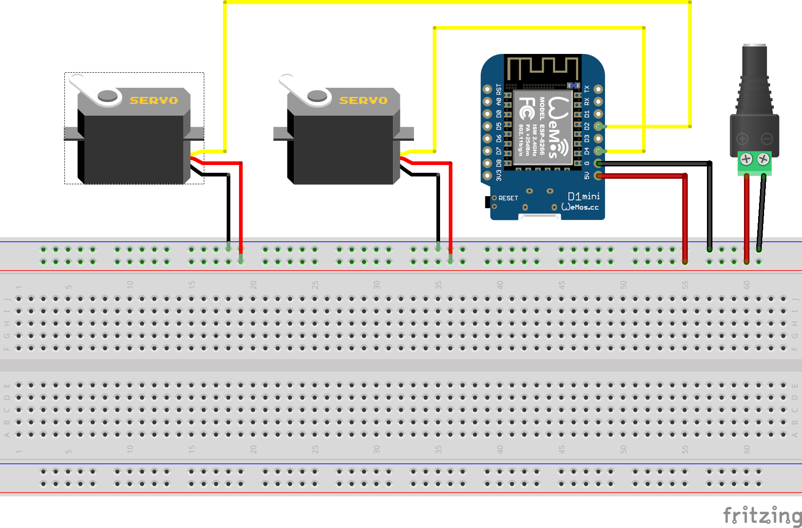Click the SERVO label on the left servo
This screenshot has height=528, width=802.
154,100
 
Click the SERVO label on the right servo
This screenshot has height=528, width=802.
363,100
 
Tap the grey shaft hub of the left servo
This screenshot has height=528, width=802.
107,96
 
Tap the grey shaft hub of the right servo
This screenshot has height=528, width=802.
317,96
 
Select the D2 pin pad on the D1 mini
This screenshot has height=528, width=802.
598,126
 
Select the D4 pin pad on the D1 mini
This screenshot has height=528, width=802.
598,151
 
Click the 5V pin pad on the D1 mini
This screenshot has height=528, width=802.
598,176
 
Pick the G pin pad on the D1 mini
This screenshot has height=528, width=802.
598,163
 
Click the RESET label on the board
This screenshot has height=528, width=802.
508,198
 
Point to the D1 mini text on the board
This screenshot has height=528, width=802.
584,196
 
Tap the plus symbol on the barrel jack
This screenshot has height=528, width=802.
742,139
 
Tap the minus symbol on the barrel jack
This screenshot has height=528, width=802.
767,139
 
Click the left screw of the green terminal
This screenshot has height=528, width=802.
746,159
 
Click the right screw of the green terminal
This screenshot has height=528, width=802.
763,159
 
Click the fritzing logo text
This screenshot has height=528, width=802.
762,515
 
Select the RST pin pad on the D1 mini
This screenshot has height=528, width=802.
488,89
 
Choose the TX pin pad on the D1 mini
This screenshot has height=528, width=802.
598,89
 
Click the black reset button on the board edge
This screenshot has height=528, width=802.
488,201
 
